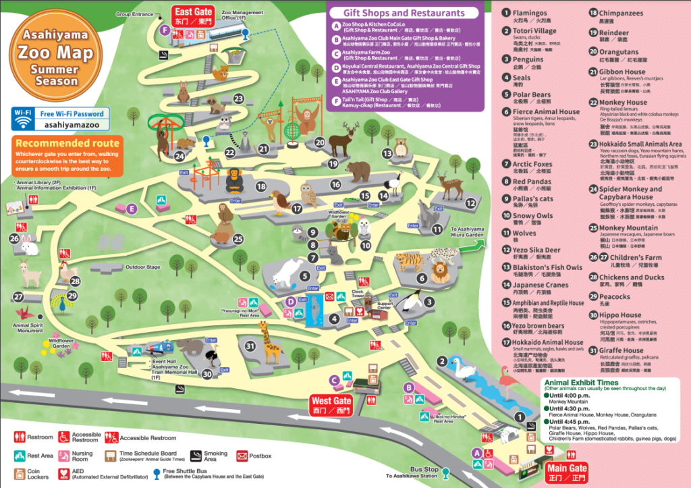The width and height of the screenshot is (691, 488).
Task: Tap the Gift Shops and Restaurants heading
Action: point(404,13)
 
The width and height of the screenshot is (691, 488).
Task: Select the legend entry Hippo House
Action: point(620,315)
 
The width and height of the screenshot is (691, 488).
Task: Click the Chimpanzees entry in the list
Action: point(621,13)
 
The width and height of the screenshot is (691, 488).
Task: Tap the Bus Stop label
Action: point(425,468)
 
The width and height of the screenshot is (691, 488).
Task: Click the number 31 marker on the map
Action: point(250,346)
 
